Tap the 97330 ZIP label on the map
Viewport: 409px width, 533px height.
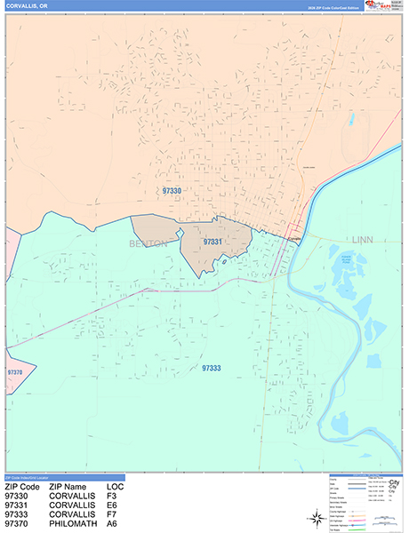point(172,190)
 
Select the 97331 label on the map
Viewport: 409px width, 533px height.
point(212,241)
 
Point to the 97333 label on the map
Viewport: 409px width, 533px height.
point(212,366)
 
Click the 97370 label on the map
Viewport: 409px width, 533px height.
point(15,372)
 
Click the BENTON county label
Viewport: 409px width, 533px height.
point(148,243)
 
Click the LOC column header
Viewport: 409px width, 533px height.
point(115,487)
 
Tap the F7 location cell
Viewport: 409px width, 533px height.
point(111,514)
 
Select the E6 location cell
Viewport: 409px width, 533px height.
point(111,505)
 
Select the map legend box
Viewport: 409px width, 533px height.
point(365,502)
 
